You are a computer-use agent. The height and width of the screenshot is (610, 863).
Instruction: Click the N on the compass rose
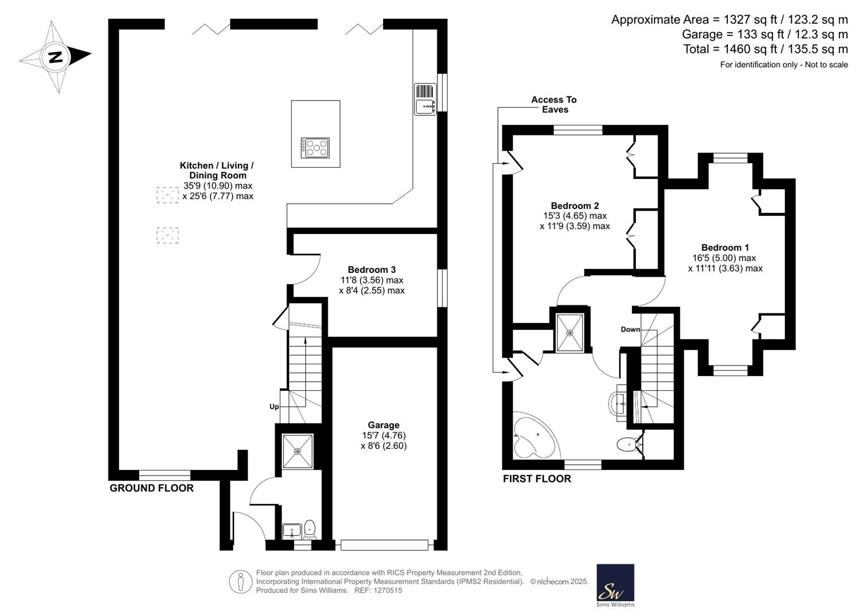pos(57,58)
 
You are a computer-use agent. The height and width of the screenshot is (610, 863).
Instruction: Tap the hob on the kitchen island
pos(315,148)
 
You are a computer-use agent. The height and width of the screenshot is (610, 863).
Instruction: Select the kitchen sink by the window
pos(426,99)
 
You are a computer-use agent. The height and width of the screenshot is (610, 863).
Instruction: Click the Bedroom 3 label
pos(372,269)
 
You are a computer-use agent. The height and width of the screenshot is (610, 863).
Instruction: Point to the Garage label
pos(383,425)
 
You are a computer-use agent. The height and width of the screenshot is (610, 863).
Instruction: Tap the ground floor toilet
pos(310,530)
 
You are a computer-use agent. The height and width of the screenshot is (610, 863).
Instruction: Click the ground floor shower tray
pos(297,451)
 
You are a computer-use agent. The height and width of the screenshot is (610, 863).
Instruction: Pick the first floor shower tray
pos(570,332)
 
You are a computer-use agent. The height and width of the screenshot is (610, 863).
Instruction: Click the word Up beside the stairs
pos(274,407)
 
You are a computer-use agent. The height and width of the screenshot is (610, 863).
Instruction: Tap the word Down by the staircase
pos(630,329)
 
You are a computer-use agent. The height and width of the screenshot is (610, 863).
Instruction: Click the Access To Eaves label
pos(554,104)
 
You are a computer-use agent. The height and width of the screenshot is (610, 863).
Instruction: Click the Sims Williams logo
pos(615,585)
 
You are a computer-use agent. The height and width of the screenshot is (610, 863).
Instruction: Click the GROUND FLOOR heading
pos(151,488)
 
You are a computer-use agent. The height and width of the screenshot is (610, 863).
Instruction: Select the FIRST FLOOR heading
pos(537,479)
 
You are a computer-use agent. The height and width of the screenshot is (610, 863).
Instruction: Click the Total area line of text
pos(766,49)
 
